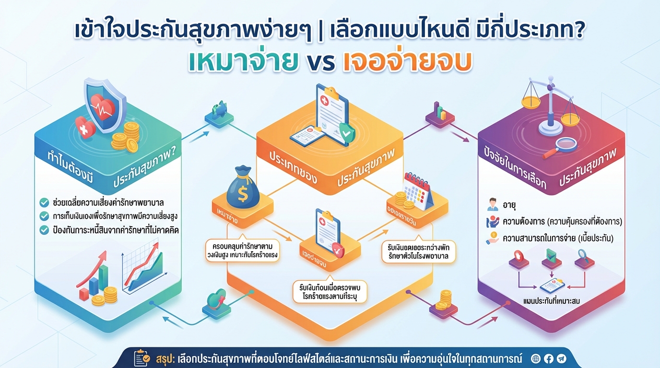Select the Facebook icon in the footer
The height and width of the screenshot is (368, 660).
click(x=549, y=358)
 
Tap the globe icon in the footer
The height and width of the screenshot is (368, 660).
click(x=536, y=358)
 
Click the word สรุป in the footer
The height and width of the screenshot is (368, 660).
click(x=165, y=358)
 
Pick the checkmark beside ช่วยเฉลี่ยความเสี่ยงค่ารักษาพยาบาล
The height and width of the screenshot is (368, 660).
click(x=44, y=202)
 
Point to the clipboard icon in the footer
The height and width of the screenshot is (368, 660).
click(x=142, y=358)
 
